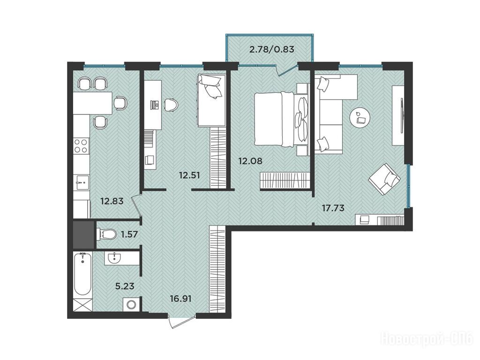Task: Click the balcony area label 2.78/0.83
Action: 272,49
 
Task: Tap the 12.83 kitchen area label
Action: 112,201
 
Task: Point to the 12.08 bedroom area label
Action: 250,161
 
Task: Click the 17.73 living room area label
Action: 333,208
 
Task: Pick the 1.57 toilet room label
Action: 129,234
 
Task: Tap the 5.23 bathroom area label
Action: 125,286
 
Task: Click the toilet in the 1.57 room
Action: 106,234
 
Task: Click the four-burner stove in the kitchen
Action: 81,146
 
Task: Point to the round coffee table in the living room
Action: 360,118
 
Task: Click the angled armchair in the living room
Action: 384,179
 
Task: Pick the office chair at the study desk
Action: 171,105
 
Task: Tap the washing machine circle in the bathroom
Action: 132,305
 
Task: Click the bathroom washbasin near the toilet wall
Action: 114,258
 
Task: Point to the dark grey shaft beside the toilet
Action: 83,235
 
